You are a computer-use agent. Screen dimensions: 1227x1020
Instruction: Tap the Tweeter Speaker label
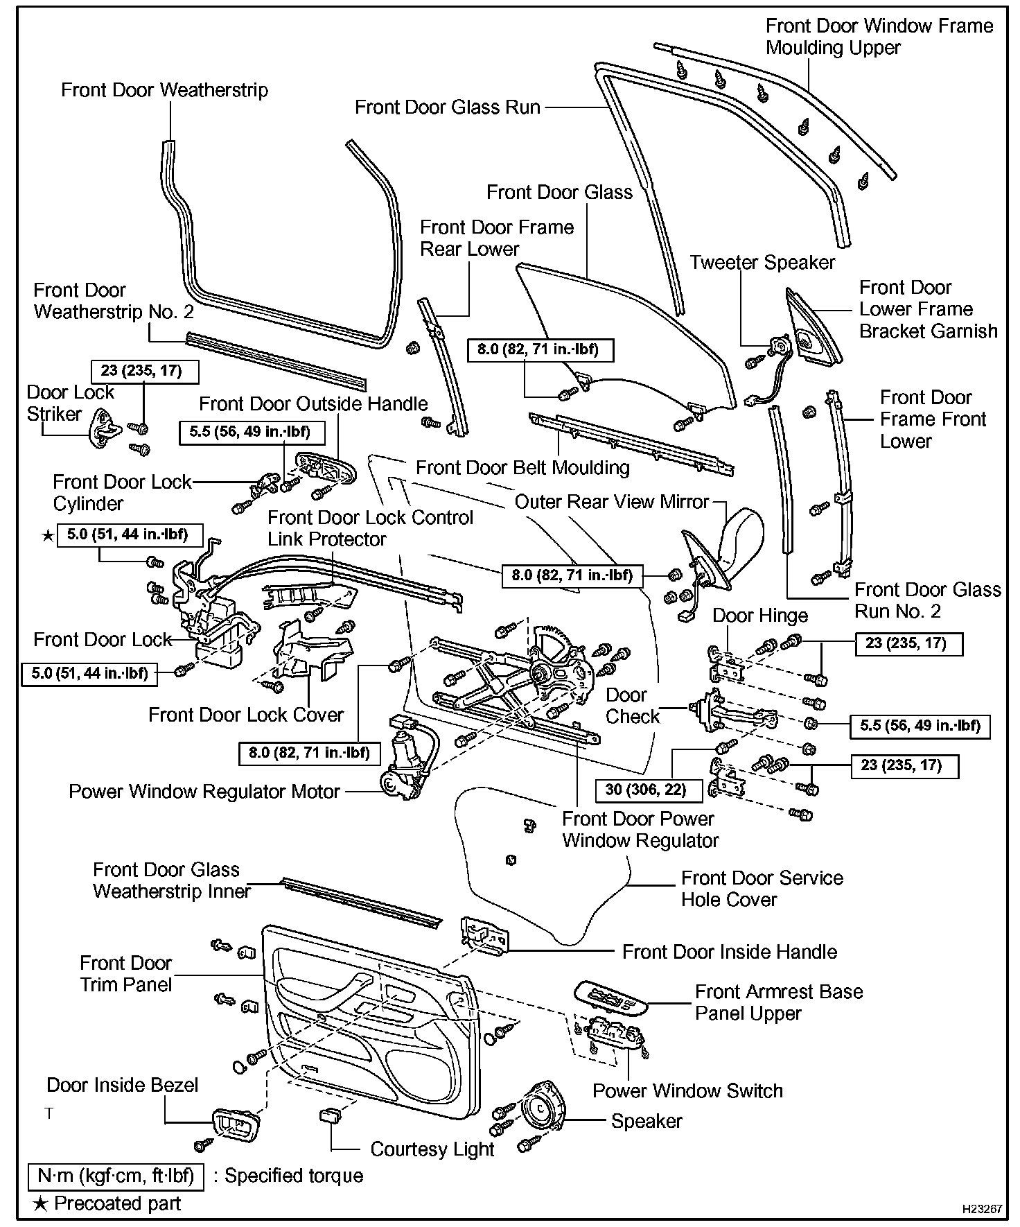pos(762,263)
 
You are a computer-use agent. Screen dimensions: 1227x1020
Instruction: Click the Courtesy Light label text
pos(432,1149)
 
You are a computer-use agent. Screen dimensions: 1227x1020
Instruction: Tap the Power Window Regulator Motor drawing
pos(405,763)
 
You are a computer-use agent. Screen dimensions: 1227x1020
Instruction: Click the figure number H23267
pos(982,1208)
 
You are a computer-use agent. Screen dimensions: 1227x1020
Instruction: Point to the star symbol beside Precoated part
pos(41,1203)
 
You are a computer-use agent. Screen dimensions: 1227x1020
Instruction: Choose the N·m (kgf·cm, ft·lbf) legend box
pos(116,1176)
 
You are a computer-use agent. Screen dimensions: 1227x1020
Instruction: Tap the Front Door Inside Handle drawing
pos(485,935)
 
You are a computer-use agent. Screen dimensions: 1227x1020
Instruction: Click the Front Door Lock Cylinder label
pos(122,493)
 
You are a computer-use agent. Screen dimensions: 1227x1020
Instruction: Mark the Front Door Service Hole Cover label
pos(762,889)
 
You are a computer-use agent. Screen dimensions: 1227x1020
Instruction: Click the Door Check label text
pos(632,706)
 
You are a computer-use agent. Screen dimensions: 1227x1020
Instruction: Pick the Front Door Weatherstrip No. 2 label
pos(114,301)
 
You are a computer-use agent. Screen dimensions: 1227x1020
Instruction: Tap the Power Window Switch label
pos(687,1090)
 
